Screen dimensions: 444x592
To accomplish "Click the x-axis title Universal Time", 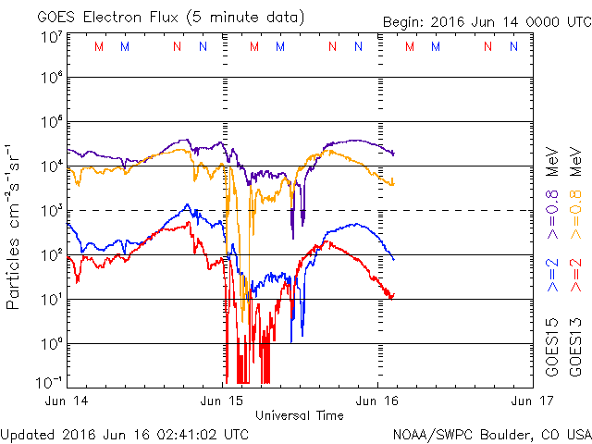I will point(300,415).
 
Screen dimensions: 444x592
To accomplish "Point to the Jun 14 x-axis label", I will point(68,401).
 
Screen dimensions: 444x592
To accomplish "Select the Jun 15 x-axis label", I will point(225,401).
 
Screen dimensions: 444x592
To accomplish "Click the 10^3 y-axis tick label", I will point(51,211).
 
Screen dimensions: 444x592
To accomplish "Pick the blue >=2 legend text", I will point(552,278).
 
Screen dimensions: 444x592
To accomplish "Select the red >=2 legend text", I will point(574,278).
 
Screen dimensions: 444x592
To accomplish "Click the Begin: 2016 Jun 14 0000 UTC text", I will point(487,22).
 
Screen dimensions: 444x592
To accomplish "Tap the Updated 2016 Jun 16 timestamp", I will point(124,433).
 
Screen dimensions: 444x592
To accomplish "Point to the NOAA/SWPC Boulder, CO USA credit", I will point(491,433).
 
